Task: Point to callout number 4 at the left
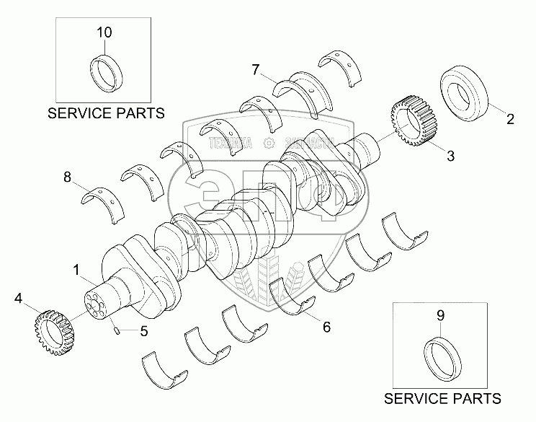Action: tap(19, 296)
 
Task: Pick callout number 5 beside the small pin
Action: tap(144, 332)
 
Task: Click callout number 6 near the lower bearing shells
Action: tap(326, 327)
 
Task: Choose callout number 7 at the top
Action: tap(255, 69)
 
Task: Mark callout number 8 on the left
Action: tap(68, 176)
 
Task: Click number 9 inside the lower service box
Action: tap(442, 315)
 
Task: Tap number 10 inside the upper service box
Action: tap(104, 32)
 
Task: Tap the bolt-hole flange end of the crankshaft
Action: tap(97, 308)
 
